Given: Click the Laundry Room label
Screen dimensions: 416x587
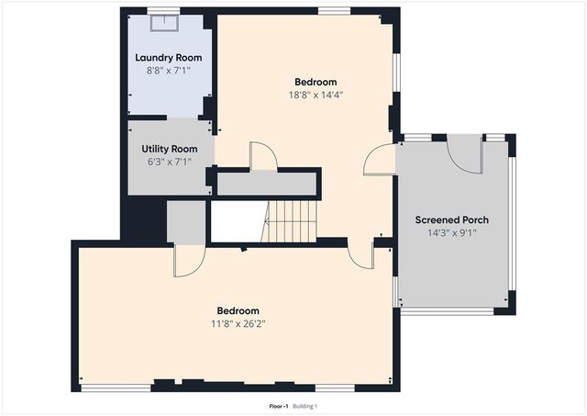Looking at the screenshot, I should coord(169,57).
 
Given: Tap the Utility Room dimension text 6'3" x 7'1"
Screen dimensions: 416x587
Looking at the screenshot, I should coord(169,161).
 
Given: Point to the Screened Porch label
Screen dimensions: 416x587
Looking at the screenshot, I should coord(451,219).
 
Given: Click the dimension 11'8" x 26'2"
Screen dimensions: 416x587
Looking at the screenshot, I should coord(238,322).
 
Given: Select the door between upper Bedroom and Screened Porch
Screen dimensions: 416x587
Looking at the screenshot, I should coord(379,160).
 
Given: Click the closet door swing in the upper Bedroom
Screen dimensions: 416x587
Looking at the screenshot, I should coord(263,156).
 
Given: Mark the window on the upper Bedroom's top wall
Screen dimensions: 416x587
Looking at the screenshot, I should coord(334,12).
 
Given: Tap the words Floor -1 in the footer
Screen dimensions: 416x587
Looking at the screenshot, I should coord(278,406).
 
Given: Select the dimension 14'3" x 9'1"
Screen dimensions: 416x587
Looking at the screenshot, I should coord(451,232).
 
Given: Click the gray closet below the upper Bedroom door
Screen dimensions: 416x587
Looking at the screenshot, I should coord(268,183).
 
